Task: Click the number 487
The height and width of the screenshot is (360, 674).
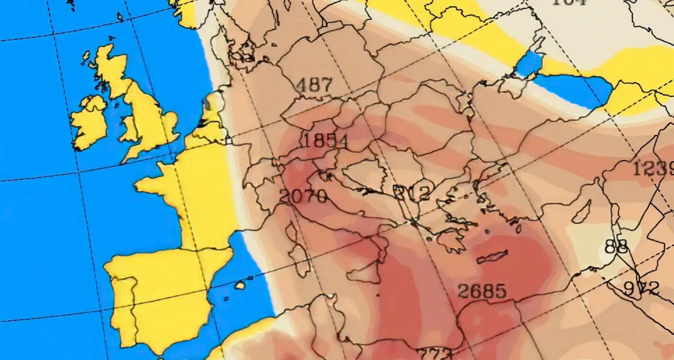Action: pyautogui.click(x=314, y=85)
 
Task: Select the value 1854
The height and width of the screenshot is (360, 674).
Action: pyautogui.click(x=326, y=141)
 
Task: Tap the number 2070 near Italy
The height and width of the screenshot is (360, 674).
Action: pyautogui.click(x=303, y=196)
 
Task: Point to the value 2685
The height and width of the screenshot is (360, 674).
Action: pyautogui.click(x=482, y=291)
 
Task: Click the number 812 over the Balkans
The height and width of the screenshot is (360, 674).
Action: pyautogui.click(x=412, y=193)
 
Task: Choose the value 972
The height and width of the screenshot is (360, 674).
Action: pyautogui.click(x=641, y=288)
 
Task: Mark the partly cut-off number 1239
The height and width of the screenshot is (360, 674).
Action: pyautogui.click(x=653, y=168)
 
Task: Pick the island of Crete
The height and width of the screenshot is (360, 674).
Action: pyautogui.click(x=492, y=256)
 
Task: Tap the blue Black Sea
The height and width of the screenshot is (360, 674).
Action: pyautogui.click(x=571, y=90)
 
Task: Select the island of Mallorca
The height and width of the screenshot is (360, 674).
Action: pyautogui.click(x=240, y=285)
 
